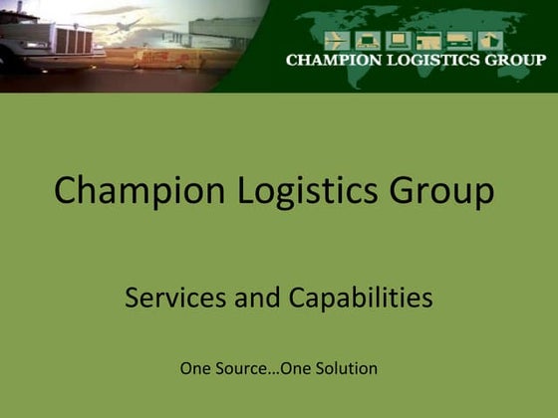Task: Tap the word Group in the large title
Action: coord(434,190)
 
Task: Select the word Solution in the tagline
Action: coord(348,368)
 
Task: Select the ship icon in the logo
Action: coord(459,40)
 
